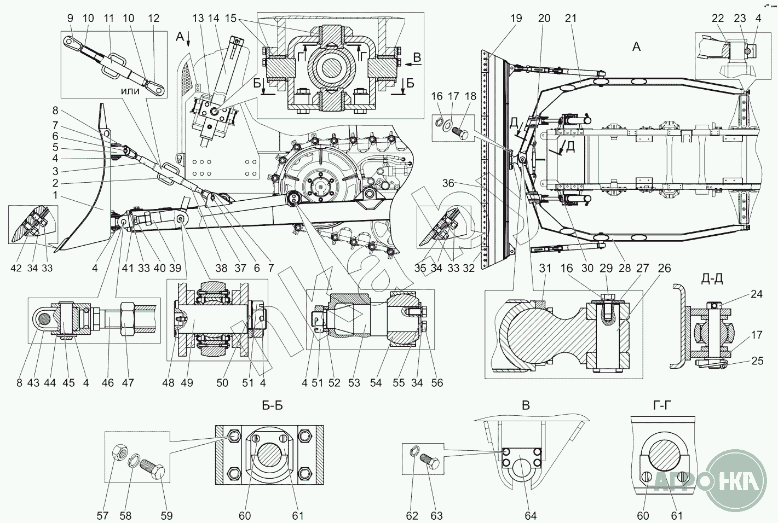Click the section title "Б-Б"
[x=272, y=405]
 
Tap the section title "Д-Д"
[x=712, y=279]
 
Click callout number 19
[x=516, y=18]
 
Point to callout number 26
[x=664, y=268]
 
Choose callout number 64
[x=530, y=515]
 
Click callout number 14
[x=214, y=18]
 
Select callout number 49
[x=187, y=382]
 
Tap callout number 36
[x=448, y=183]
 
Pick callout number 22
[x=718, y=18]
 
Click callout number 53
[x=354, y=382]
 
